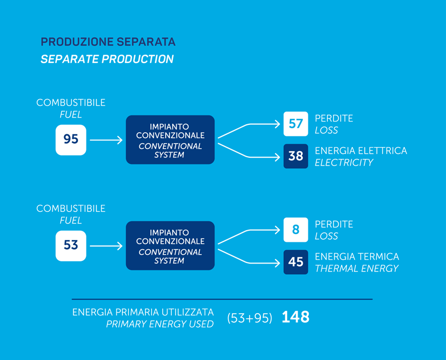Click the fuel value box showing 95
coord(71,140)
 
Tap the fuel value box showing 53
coord(71,246)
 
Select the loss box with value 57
coord(296,124)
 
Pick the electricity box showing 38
coord(296,156)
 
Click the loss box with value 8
coord(296,230)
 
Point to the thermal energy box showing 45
coord(296,262)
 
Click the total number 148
coord(295,317)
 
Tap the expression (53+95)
coord(250,318)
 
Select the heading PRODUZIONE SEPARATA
coord(108,42)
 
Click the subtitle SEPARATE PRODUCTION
coord(107,59)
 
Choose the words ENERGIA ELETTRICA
coord(361,150)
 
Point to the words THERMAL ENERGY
coord(357,269)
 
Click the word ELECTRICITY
coord(344,162)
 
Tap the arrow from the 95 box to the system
coord(106,140)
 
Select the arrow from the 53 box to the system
coord(106,246)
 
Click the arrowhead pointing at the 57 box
coord(278,124)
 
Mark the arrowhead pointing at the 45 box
coord(278,263)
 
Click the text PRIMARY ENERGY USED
coord(160,324)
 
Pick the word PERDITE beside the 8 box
coord(334,225)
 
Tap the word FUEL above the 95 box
coord(71,115)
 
